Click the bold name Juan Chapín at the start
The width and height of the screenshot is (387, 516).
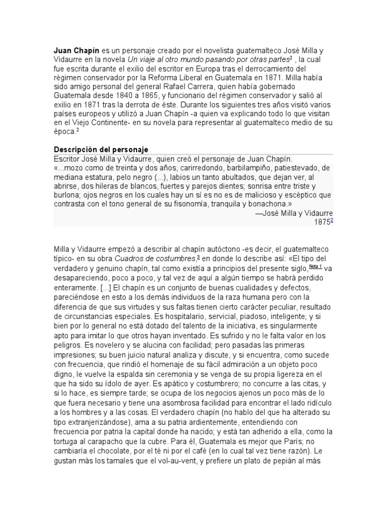coord(76,51)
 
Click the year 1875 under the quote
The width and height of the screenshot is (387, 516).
coord(321,222)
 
